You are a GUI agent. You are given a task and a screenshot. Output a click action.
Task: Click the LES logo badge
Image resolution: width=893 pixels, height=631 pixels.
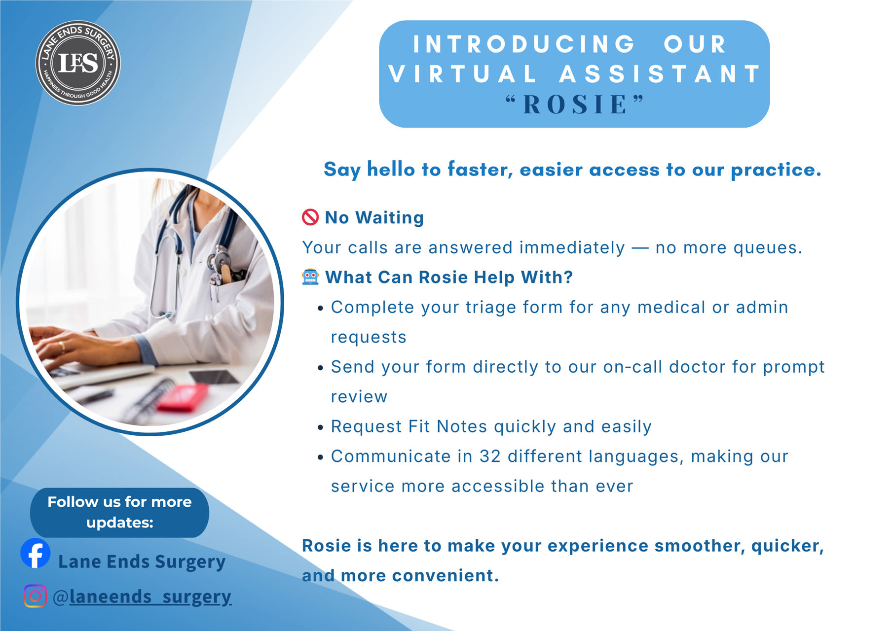click(78, 63)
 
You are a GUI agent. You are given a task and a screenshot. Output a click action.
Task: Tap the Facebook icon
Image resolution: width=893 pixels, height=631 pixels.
click(36, 554)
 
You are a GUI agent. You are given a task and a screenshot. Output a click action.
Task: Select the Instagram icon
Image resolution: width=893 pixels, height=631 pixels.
click(35, 596)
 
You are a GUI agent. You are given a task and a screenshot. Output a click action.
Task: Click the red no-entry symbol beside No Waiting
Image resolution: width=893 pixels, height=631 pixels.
click(310, 217)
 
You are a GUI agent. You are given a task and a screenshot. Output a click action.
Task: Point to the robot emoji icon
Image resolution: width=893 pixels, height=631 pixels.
click(310, 277)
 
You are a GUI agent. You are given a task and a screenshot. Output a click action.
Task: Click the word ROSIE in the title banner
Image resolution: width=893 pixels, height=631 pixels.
click(575, 105)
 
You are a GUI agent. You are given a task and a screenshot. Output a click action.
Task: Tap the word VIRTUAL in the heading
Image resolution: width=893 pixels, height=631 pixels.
click(463, 74)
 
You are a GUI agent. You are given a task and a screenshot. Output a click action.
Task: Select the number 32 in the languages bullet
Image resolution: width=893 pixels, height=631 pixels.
click(490, 456)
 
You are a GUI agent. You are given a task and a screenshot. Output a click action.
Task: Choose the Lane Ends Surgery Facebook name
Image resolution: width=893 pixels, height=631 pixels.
click(142, 561)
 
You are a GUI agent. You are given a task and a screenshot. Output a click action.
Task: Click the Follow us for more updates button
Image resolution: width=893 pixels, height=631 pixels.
click(119, 513)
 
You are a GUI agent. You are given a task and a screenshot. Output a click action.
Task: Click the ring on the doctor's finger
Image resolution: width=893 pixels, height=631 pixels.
click(62, 347)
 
